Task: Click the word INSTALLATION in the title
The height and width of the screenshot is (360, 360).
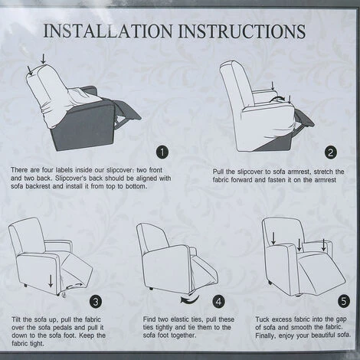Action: (x=108, y=31)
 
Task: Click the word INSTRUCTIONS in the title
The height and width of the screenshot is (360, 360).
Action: (x=241, y=31)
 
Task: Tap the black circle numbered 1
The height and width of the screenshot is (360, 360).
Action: (x=162, y=152)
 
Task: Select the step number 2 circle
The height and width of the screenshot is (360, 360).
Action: (x=331, y=152)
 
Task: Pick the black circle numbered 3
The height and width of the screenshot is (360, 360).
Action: (x=96, y=302)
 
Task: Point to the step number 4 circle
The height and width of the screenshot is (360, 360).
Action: (x=219, y=302)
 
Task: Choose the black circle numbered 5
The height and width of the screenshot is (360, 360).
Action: (x=344, y=301)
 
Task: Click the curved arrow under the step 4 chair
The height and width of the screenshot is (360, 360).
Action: (x=190, y=299)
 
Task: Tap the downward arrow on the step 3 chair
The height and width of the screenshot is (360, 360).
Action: (x=51, y=281)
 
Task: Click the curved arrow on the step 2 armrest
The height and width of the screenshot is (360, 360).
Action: (x=277, y=98)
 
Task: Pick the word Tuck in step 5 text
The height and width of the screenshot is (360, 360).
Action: (x=263, y=319)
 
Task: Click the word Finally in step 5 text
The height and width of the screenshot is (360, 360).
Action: (x=266, y=335)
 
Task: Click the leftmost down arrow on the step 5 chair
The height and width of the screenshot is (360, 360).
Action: (x=273, y=238)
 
